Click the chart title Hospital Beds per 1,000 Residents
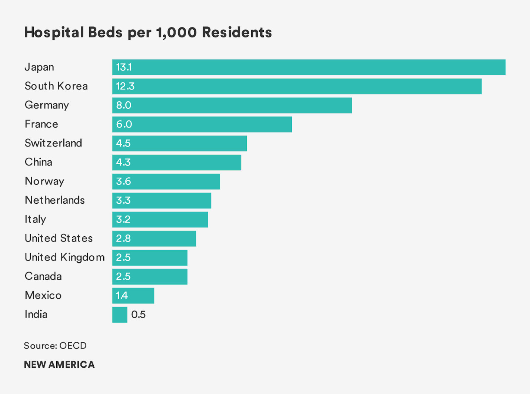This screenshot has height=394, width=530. coord(148,33)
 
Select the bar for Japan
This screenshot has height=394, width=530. coord(309,68)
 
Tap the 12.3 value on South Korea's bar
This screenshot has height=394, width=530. coord(125,86)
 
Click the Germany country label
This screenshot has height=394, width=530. coord(47,105)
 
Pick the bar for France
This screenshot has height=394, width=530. coord(202,124)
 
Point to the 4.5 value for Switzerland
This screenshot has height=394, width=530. coord(123,144)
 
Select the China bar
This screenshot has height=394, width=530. coord(177,162)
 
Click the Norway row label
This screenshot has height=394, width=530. coord(44,181)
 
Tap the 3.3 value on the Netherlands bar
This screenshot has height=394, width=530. coord(123,200)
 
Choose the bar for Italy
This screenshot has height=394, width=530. coord(160,220)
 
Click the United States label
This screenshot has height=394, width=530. coord(59,238)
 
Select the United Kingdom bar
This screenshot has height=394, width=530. coord(150,257)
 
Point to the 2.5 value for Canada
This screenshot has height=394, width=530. coord(123,277)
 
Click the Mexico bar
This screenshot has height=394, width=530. coord(133,296)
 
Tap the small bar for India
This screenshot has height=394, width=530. coord(120,315)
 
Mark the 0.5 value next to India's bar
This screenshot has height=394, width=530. coord(139,315)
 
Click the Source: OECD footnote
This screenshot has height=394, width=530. coord(55,346)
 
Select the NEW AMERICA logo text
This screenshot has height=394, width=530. coord(59,365)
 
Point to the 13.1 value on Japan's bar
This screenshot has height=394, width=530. coord(124,68)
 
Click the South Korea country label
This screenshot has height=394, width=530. coord(56,86)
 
